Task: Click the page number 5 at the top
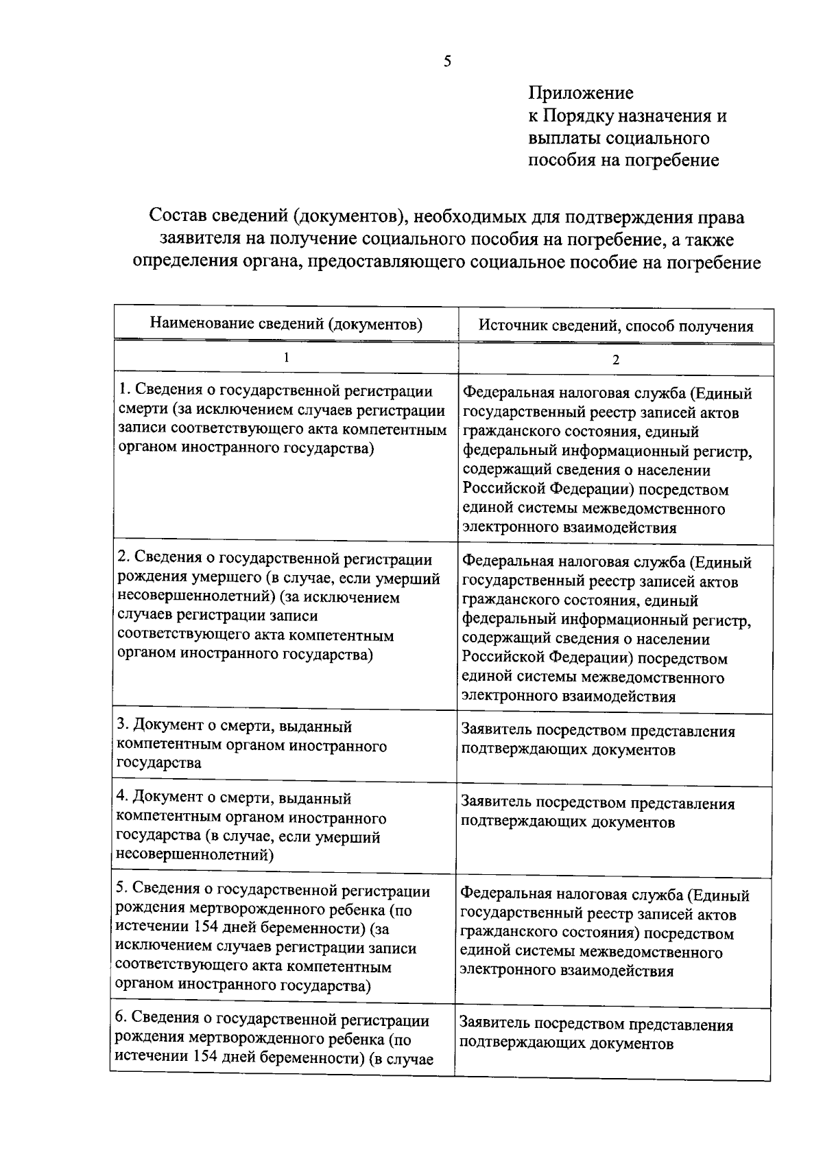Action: click(447, 62)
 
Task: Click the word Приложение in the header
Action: click(580, 93)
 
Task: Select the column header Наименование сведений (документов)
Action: click(286, 323)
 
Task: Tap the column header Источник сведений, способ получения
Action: click(615, 326)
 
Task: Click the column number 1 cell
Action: click(286, 358)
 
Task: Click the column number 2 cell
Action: click(615, 360)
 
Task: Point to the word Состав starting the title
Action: click(180, 218)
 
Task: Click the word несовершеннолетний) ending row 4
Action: click(195, 855)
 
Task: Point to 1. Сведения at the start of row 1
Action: click(158, 391)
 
